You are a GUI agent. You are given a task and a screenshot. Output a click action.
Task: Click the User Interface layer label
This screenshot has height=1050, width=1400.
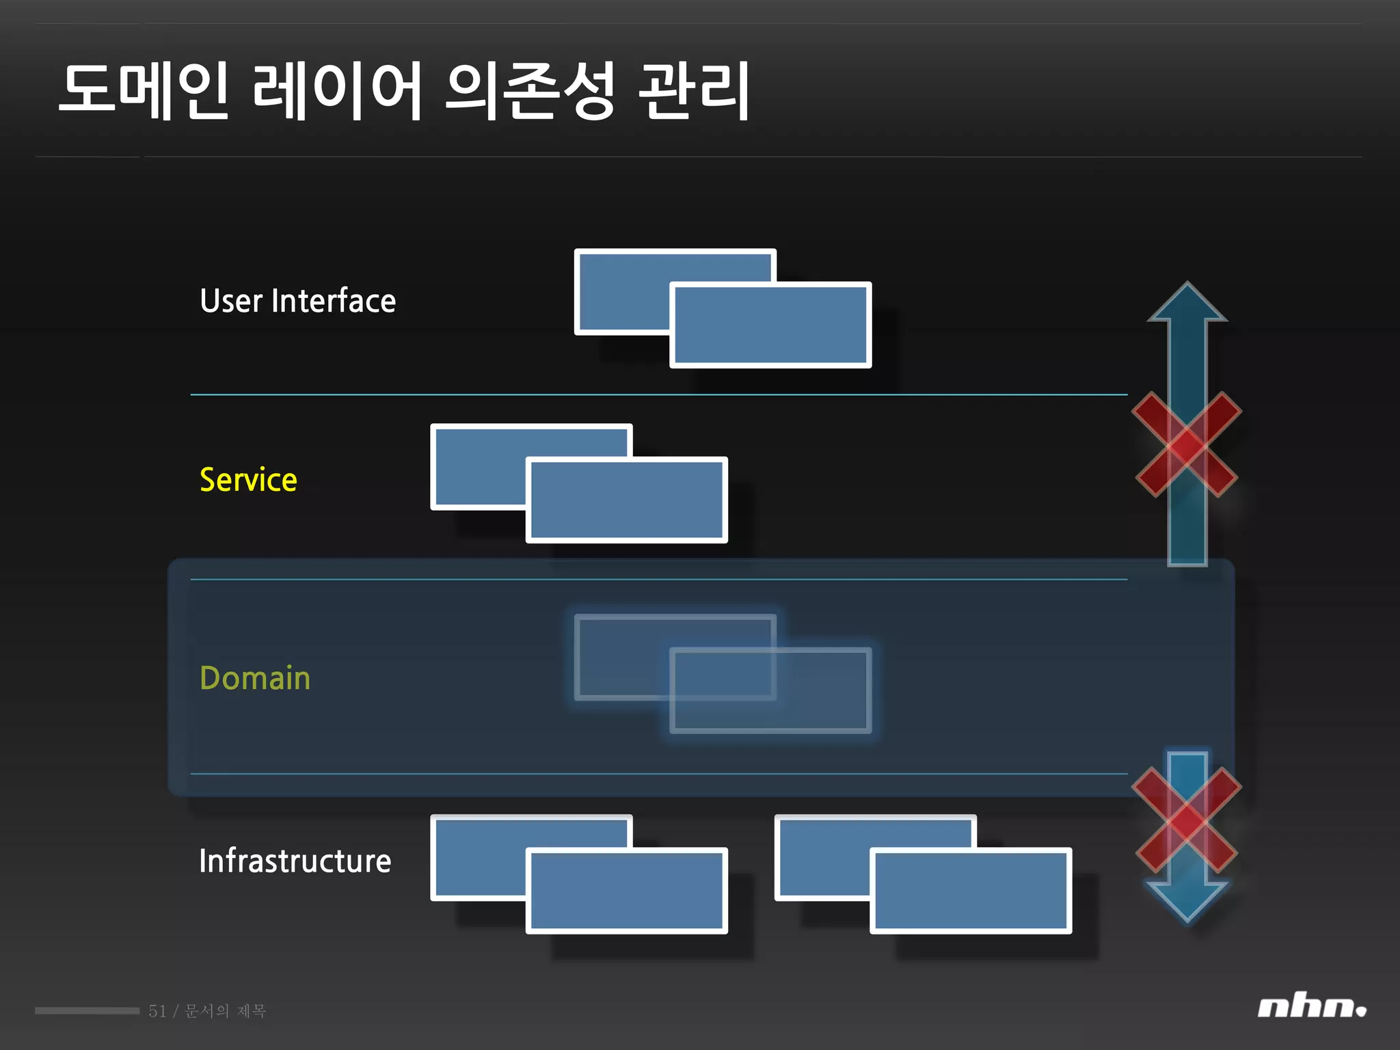tap(297, 301)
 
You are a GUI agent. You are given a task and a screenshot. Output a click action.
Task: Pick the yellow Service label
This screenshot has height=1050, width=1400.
tap(248, 480)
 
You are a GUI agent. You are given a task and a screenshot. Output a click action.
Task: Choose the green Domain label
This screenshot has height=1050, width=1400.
tap(255, 678)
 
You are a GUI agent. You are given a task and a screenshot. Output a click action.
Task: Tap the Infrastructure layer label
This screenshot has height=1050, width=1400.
tap(295, 861)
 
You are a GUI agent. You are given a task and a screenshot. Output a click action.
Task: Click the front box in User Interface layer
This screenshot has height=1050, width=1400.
tap(770, 325)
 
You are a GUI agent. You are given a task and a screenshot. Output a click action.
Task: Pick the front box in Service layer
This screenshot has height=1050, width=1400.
tap(626, 500)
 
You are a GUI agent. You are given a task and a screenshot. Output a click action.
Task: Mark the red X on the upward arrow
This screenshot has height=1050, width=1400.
tap(1187, 444)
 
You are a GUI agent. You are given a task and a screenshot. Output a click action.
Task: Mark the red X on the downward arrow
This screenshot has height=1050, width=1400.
tap(1187, 820)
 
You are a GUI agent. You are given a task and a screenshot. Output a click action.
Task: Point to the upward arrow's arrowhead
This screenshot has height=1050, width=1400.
tap(1187, 301)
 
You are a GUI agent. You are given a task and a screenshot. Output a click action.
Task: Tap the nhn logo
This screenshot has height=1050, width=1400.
tap(1310, 1008)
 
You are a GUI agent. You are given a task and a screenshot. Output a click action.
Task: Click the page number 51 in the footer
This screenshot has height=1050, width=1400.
tap(157, 1011)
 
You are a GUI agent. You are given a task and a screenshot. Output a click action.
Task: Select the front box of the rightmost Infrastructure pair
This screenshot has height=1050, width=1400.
tap(971, 891)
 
